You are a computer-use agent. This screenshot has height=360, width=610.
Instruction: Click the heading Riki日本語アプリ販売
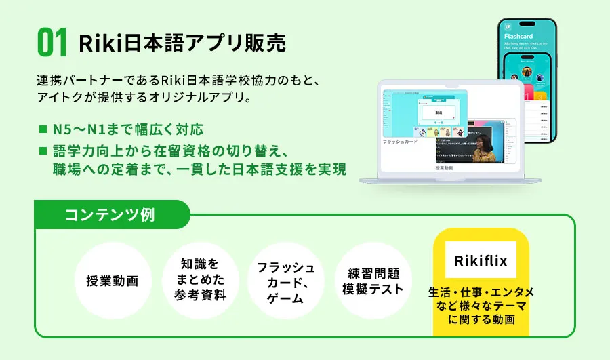(182, 43)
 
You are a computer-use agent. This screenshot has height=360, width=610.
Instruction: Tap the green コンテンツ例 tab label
(109, 216)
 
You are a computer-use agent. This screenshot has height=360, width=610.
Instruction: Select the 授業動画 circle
(112, 281)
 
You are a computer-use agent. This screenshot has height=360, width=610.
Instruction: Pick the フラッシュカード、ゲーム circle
(285, 281)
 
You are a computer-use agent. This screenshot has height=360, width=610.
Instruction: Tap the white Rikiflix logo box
(481, 260)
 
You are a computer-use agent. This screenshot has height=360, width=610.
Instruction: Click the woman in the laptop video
(483, 144)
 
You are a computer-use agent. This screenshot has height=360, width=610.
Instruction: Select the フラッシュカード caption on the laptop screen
(401, 142)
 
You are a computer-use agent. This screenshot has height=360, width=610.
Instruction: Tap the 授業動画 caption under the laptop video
(444, 167)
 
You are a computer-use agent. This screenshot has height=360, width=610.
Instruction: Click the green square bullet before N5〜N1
(43, 129)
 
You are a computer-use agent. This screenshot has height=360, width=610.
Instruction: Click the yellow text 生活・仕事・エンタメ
(481, 292)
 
